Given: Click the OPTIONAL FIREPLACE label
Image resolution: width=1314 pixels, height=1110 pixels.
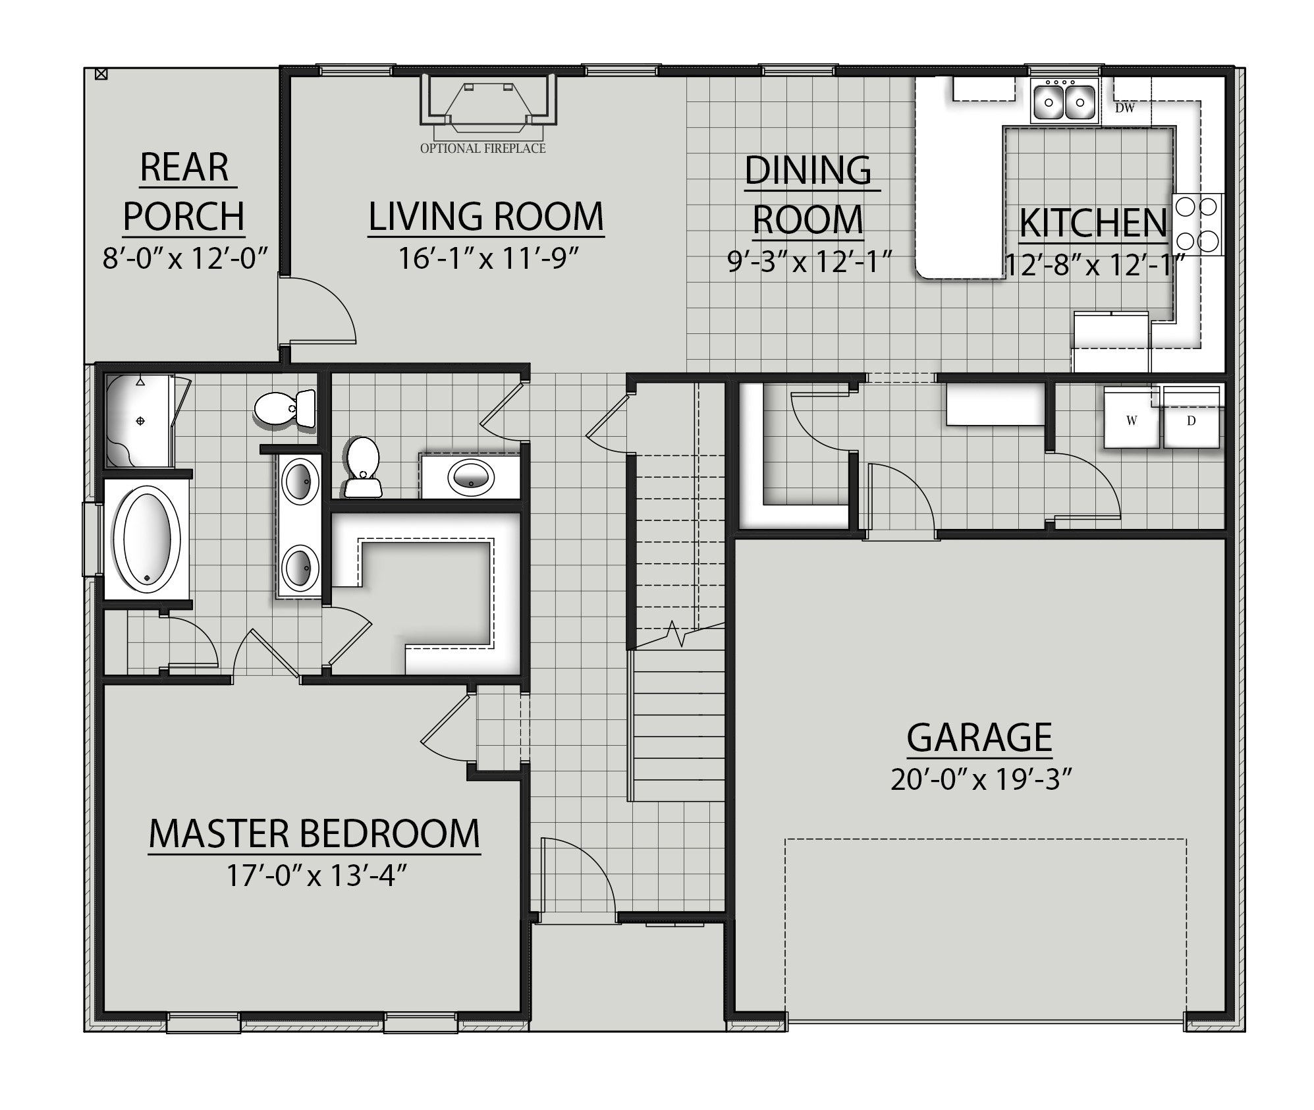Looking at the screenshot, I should [x=483, y=148].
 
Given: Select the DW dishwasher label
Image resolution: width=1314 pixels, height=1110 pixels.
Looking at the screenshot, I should [x=1124, y=108].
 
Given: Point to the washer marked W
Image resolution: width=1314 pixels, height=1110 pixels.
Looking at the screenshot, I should [x=1131, y=420].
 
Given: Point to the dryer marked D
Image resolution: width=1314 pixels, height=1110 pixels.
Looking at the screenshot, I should [x=1191, y=420].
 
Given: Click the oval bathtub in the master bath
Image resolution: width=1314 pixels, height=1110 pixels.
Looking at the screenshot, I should [x=146, y=539].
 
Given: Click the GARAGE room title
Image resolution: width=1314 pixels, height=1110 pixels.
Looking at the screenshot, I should [x=979, y=737].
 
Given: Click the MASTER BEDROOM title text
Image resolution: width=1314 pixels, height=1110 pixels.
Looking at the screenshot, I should [x=314, y=833].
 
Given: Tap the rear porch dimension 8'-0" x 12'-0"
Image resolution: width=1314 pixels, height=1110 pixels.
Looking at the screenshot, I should [x=184, y=258].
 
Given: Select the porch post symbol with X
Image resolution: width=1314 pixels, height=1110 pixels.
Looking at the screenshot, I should [x=101, y=74].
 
